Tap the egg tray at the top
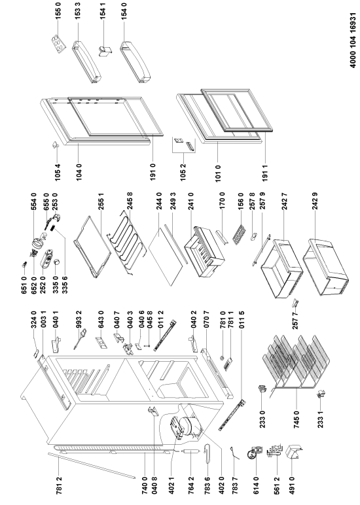(59, 44)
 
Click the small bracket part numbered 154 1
(105, 52)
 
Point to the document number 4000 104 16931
(353, 40)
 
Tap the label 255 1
(101, 201)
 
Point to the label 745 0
(297, 419)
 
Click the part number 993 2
(79, 319)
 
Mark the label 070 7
(206, 319)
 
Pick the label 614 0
(256, 485)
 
